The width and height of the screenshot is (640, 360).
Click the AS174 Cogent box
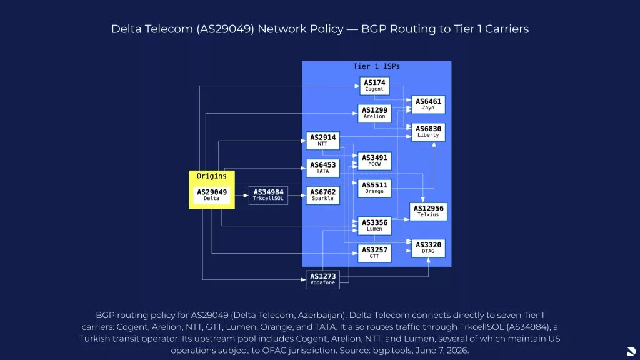374,86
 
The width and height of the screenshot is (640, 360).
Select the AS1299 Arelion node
374,113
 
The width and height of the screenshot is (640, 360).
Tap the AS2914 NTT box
322,141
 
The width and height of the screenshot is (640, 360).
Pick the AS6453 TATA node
322,167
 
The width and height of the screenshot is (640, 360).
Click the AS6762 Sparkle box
322,195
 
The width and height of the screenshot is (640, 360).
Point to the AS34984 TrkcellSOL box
268,195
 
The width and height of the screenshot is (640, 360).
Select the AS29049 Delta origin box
211,195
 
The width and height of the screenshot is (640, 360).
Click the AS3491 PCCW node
374,161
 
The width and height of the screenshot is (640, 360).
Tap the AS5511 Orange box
374,188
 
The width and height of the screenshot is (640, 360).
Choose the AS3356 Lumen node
374,226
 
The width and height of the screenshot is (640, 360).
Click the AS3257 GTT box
374,253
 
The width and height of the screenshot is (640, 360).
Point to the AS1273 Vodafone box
322,279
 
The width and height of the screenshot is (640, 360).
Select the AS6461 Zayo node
428,104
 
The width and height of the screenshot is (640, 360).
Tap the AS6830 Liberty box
428,132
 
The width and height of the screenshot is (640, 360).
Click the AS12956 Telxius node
428,211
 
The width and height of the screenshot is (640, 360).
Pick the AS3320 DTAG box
428,248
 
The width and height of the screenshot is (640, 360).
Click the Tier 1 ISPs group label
376,66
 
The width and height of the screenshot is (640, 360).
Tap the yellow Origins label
211,176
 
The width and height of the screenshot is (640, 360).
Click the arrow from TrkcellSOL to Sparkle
297,196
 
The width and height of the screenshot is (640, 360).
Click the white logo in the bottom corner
631,351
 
